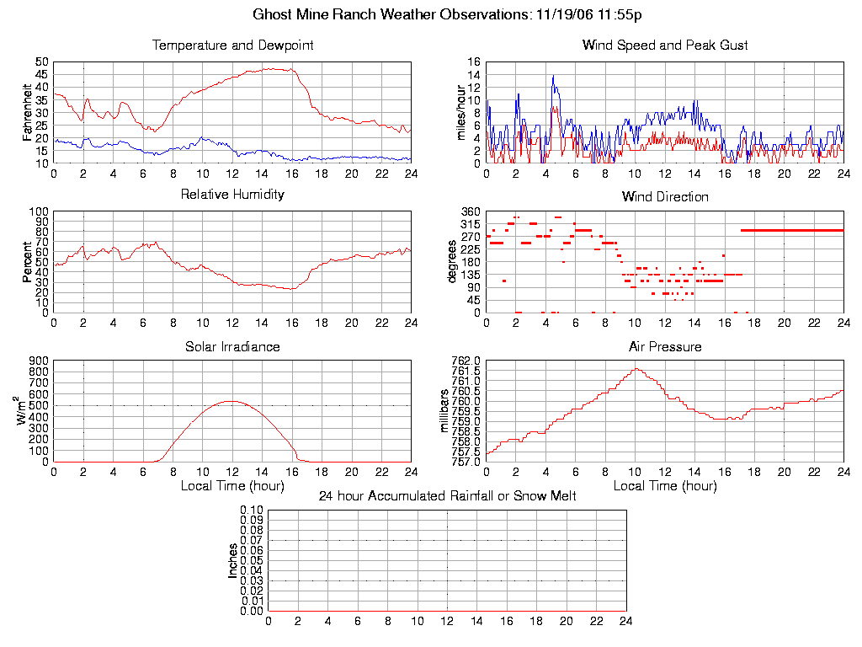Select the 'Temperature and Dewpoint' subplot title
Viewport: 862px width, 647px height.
coord(232,45)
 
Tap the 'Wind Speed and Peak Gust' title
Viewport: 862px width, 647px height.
coord(665,45)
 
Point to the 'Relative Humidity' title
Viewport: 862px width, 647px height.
coord(232,195)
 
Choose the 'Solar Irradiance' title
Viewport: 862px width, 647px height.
coord(232,346)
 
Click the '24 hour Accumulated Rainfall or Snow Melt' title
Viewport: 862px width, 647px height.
coord(447,496)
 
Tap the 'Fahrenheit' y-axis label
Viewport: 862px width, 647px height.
coord(27,112)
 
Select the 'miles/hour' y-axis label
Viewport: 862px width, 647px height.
coord(460,112)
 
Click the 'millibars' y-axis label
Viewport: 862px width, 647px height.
coord(446,411)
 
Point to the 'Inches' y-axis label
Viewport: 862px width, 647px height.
coord(233,560)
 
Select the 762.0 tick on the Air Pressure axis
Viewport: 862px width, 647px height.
coord(466,361)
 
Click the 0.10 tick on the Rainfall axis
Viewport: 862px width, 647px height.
coord(253,511)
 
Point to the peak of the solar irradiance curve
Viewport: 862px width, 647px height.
coord(231,401)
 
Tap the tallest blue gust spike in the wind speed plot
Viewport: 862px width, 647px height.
coord(553,76)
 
